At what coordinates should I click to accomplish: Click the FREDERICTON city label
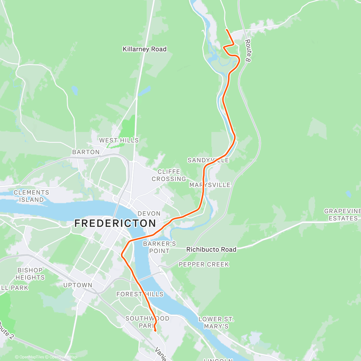115,223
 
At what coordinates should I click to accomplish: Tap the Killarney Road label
144,49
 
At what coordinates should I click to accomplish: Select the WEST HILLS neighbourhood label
119,140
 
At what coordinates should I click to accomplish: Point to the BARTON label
86,152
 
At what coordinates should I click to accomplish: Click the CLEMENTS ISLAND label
31,196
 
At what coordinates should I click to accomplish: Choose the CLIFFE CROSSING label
169,175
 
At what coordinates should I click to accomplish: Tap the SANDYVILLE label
208,160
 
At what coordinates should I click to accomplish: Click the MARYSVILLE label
210,185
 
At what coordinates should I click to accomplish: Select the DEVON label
149,213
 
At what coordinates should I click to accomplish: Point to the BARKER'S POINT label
159,247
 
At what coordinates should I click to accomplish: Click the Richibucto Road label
211,249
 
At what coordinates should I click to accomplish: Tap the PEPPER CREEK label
204,264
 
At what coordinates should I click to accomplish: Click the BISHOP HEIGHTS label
30,274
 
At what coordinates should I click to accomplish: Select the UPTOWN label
78,285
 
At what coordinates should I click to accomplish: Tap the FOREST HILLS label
140,294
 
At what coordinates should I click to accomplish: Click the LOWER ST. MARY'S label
216,322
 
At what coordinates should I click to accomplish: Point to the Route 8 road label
248,51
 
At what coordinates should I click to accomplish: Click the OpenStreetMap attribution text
63,357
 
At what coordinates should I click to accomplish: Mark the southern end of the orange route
155,331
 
